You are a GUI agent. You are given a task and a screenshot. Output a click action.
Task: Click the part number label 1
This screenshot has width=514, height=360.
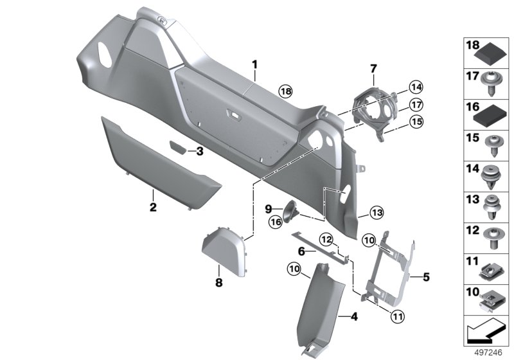[254, 64]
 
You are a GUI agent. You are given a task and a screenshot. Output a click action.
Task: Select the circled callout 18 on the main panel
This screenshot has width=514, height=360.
[285, 92]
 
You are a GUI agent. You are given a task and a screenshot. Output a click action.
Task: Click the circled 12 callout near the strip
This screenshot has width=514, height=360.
[328, 239]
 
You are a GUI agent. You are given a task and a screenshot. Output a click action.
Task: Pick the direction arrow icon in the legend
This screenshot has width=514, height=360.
[484, 332]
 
